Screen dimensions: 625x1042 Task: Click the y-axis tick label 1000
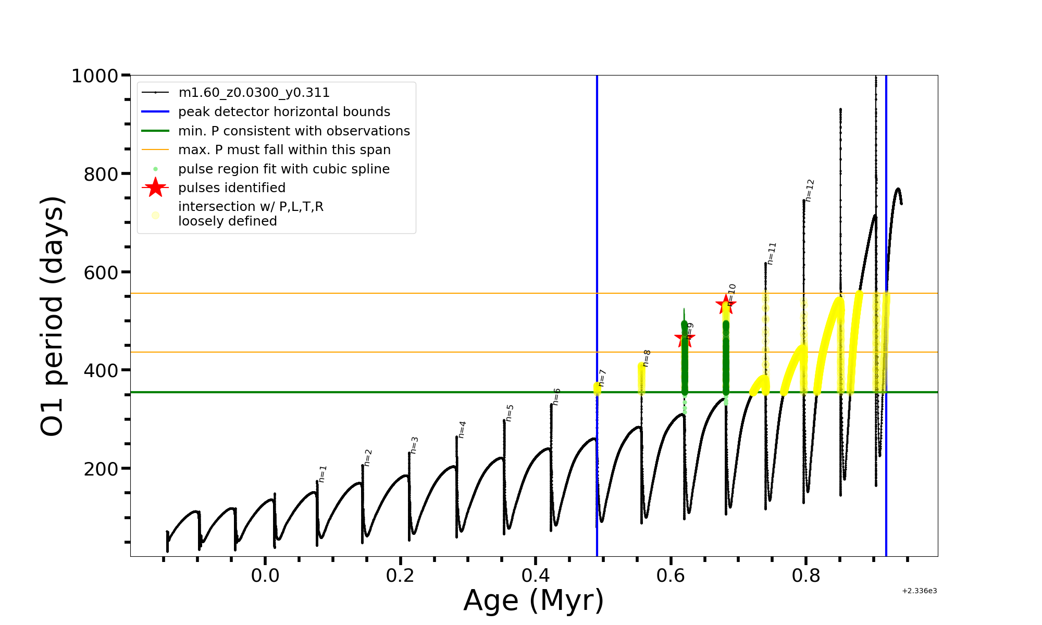tap(94, 76)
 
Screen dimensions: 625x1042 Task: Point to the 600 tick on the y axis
tap(101, 272)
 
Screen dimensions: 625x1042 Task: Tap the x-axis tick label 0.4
tap(535, 576)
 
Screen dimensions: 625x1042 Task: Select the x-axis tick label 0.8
tap(805, 576)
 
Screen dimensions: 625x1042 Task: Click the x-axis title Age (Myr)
tap(534, 601)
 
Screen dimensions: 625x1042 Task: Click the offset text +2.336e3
tap(919, 591)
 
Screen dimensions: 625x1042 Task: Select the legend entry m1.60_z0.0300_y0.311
tap(254, 93)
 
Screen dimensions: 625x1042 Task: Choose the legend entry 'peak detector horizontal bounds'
tap(284, 112)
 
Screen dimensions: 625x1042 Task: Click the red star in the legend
tap(155, 187)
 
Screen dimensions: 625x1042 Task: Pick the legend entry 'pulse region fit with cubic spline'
tap(283, 169)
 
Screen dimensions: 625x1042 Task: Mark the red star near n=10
tap(725, 305)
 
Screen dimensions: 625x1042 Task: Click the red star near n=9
tap(684, 339)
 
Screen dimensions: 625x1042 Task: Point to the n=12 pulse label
tap(810, 190)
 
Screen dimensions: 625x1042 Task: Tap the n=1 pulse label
tap(322, 473)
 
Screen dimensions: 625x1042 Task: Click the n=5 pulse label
tap(510, 413)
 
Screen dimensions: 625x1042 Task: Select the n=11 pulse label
tap(772, 253)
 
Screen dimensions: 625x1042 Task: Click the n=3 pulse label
tap(414, 445)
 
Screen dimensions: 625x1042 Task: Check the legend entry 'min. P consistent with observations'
tap(294, 131)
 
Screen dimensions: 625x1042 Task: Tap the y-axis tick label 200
tap(101, 469)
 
